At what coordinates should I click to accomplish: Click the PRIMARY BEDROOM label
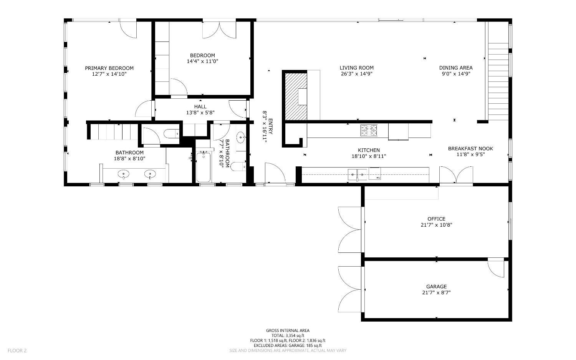(x=109, y=68)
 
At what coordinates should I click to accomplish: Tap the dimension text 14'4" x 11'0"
(x=202, y=61)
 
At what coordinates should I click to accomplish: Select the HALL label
(x=200, y=107)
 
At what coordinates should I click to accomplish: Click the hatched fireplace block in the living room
(x=295, y=96)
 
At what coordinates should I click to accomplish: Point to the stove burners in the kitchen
(x=369, y=131)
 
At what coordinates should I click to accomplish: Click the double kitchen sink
(x=357, y=175)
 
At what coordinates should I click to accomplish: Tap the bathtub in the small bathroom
(x=204, y=168)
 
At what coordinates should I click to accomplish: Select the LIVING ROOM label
(x=356, y=68)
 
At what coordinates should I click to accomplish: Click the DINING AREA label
(x=456, y=68)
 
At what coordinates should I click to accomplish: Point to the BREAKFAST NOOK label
(x=470, y=149)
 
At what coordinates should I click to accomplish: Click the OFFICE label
(x=436, y=219)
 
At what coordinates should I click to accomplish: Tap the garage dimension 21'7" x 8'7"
(x=436, y=292)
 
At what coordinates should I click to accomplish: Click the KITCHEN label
(x=369, y=150)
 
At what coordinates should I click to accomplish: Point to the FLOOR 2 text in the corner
(x=17, y=350)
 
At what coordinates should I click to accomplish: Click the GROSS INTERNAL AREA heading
(x=288, y=330)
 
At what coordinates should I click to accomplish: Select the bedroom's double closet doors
(x=219, y=30)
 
